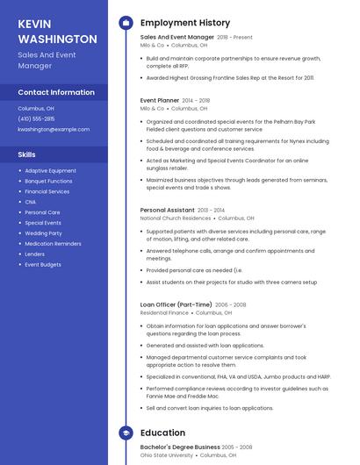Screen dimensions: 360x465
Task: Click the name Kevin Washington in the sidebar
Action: point(57,31)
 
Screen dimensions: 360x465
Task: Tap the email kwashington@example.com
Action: point(54,129)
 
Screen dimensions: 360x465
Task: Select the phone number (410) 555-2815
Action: point(36,118)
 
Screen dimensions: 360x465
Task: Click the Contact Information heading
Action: point(56,92)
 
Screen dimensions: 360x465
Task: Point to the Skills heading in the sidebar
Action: point(27,154)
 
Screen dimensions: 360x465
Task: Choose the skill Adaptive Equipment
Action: point(50,170)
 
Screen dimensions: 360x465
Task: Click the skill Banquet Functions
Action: point(48,181)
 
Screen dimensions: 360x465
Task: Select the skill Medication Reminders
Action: point(53,243)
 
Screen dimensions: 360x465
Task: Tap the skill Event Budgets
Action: point(43,264)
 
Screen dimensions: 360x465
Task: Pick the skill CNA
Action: point(31,202)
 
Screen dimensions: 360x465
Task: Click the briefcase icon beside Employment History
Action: point(126,22)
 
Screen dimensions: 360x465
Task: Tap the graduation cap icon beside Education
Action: point(126,433)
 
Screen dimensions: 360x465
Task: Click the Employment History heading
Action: point(184,23)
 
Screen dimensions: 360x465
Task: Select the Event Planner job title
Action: point(160,100)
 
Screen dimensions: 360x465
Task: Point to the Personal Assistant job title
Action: point(167,211)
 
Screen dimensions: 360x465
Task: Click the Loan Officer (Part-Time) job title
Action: point(176,304)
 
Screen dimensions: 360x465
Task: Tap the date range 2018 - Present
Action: point(234,38)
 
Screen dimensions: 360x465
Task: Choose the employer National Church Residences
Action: point(176,218)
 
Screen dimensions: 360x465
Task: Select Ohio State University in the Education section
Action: point(167,454)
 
